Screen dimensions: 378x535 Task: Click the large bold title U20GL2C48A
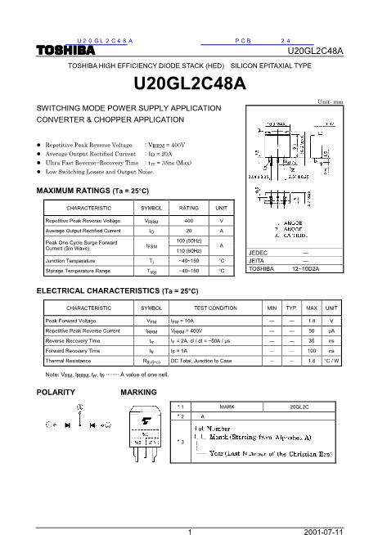click(x=189, y=83)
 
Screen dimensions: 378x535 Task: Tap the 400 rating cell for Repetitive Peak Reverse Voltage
click(x=189, y=221)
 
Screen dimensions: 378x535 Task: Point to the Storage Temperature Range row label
click(x=78, y=271)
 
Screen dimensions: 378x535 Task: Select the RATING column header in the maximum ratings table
click(x=189, y=209)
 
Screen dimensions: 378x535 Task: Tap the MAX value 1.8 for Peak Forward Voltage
click(x=311, y=321)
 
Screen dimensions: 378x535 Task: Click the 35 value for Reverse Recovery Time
click(x=311, y=340)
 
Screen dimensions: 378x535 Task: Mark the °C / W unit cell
click(x=331, y=360)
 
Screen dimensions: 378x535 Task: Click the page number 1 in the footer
click(x=189, y=529)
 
